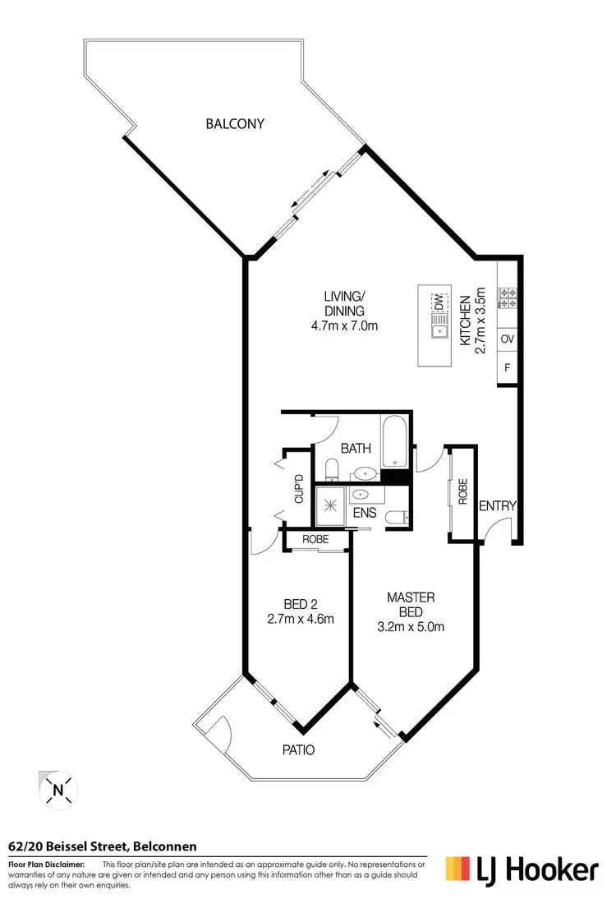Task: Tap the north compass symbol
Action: coord(58,791)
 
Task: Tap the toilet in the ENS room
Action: coord(397,517)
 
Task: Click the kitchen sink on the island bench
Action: coord(438,331)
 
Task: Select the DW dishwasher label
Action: coord(438,302)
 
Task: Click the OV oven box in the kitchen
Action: coord(508,339)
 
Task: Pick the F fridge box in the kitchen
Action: coord(508,368)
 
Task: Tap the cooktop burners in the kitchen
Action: coord(508,297)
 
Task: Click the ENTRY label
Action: coord(498,506)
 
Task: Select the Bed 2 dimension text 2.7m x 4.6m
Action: coord(300,620)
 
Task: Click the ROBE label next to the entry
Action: coord(463,491)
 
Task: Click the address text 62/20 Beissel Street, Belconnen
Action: coord(103,846)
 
